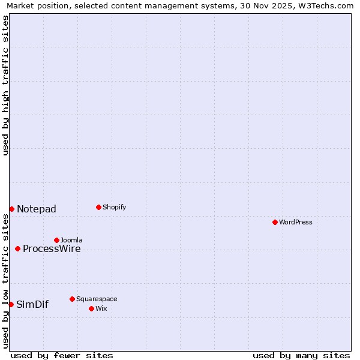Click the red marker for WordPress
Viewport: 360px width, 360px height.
point(275,222)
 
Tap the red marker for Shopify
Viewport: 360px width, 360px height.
point(98,207)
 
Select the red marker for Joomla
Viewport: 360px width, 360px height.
point(56,240)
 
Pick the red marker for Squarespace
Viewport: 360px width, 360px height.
point(72,299)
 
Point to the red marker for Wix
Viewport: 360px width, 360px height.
point(91,308)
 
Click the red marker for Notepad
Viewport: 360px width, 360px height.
point(11,209)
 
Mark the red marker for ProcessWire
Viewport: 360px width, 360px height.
point(17,248)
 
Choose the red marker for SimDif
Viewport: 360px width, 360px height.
point(11,304)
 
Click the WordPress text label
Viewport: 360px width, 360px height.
point(296,222)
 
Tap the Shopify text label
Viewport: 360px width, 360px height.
point(114,207)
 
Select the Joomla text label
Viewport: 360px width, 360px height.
point(71,240)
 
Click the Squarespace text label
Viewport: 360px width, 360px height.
point(97,299)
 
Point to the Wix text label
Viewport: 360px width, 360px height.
point(101,308)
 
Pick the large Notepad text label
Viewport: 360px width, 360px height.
point(37,209)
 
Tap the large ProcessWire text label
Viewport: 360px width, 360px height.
point(52,248)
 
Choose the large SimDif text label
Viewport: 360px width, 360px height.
point(32,304)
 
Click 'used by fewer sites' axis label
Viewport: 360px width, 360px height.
point(62,355)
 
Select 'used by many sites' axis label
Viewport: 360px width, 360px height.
point(301,355)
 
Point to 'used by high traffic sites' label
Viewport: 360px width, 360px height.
point(6,85)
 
